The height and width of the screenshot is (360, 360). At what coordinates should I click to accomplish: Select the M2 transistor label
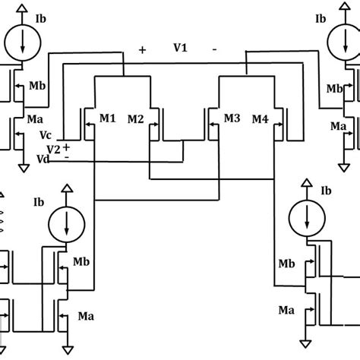(135, 118)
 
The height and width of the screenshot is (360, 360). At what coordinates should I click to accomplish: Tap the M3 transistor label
(232, 118)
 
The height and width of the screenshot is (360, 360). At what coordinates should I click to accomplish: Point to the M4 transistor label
(261, 118)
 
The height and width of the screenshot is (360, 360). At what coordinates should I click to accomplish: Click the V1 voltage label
(181, 47)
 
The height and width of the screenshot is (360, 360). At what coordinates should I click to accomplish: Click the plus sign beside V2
(66, 146)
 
